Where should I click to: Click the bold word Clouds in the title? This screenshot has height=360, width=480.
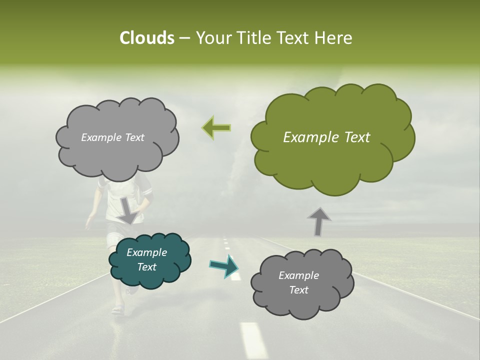(x=146, y=38)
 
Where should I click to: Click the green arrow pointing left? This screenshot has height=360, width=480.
(x=216, y=128)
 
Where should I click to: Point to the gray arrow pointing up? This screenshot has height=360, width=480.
(x=318, y=221)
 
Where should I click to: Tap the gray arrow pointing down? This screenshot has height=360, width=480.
(x=128, y=210)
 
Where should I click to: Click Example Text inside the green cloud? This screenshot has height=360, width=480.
(x=326, y=137)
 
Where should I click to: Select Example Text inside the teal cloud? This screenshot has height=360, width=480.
(x=147, y=259)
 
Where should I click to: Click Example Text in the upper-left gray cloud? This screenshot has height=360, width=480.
(x=112, y=137)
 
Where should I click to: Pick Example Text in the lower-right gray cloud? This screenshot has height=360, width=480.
(x=298, y=282)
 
